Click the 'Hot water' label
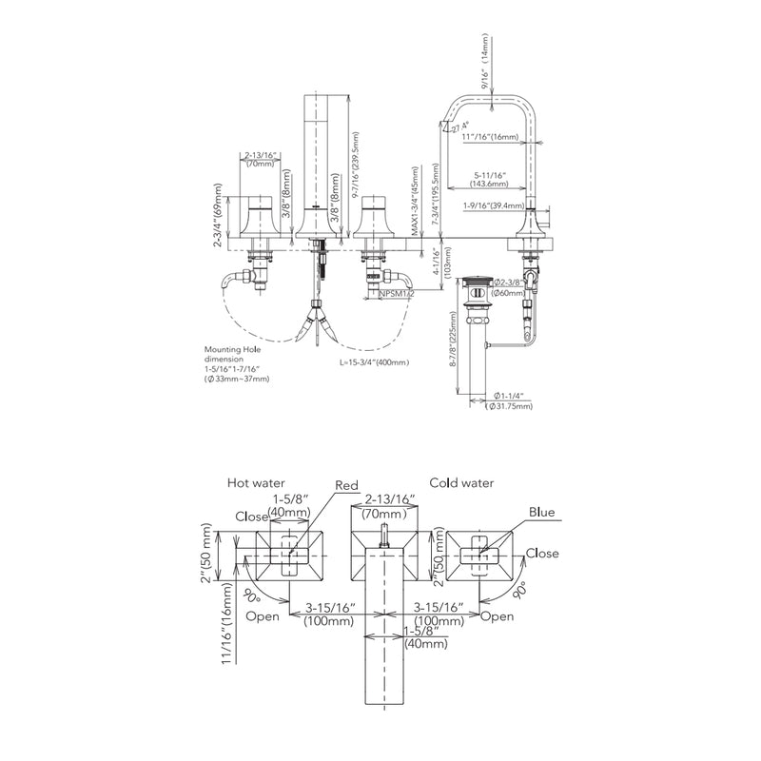[x=256, y=483]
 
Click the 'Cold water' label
[x=461, y=483]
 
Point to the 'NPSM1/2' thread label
[x=396, y=295]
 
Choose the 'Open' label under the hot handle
[x=262, y=616]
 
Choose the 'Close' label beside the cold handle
[x=542, y=554]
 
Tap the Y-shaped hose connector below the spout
[x=316, y=319]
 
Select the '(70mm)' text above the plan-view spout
[x=386, y=513]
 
